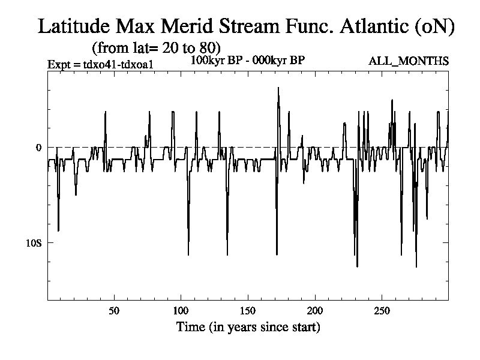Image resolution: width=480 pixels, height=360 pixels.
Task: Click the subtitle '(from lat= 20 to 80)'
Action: point(157,47)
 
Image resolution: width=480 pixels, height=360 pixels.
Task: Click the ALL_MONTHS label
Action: point(410,61)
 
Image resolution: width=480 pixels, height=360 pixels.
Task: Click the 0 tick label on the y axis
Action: point(39,148)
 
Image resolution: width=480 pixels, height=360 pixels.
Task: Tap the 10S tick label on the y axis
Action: point(34,243)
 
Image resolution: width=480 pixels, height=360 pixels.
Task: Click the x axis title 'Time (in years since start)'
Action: point(248,328)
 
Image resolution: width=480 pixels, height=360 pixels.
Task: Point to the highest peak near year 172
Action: point(278,88)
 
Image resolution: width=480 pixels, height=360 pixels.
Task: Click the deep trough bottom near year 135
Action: point(227,255)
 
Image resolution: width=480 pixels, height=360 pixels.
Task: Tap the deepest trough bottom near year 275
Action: point(416,266)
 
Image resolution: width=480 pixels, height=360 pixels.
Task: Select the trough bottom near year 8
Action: point(58,230)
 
